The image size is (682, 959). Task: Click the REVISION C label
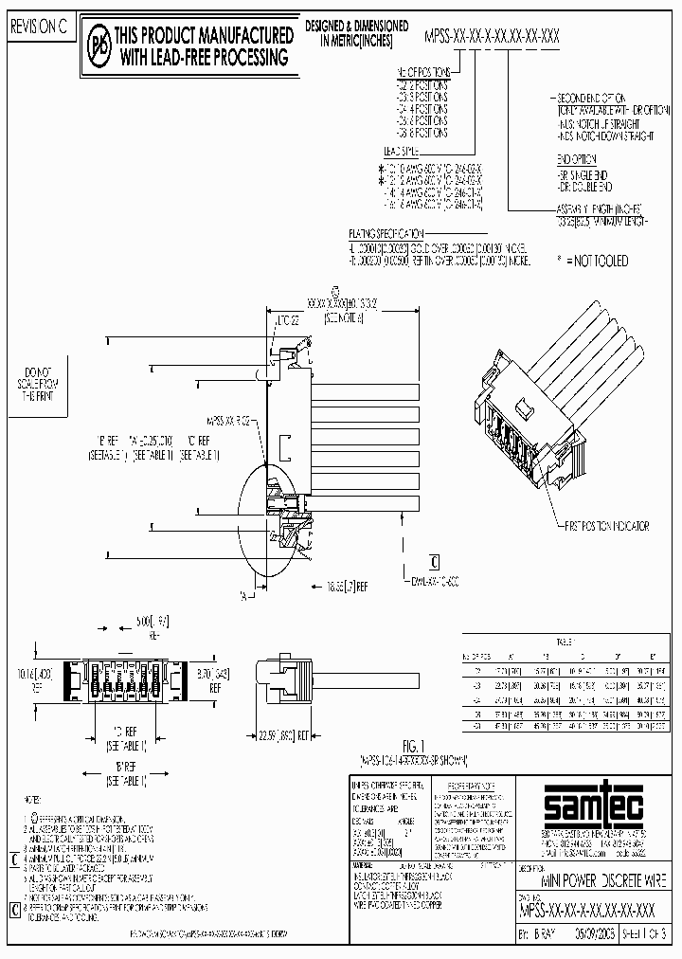(39, 27)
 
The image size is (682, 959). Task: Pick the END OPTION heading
(581, 161)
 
